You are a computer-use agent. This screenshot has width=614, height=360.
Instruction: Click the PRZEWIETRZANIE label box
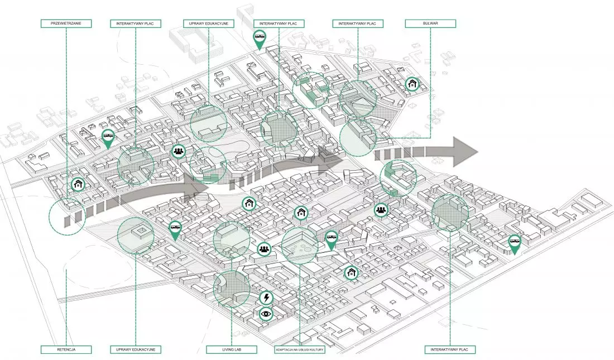(66, 23)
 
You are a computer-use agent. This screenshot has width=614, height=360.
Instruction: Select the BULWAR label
(430, 23)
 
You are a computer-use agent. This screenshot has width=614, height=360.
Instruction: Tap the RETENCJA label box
(66, 349)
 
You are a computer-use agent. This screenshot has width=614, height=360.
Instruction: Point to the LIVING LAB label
(232, 349)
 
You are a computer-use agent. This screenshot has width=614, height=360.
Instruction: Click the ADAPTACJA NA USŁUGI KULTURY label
(300, 349)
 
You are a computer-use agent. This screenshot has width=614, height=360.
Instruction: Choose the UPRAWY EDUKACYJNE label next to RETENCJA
(136, 349)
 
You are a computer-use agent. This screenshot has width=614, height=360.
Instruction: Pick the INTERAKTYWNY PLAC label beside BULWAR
(357, 23)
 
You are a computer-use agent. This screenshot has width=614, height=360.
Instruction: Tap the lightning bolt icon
(267, 297)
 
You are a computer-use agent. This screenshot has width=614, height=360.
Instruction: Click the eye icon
(266, 313)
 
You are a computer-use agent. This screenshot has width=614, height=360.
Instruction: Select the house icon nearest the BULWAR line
(412, 84)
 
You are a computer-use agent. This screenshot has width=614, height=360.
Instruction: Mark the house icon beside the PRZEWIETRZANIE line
(78, 184)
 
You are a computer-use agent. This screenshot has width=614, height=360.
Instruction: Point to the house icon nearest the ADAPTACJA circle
(301, 213)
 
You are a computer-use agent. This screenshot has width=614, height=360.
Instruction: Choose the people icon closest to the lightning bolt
(265, 249)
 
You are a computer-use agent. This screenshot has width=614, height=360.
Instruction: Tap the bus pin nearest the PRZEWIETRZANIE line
(108, 138)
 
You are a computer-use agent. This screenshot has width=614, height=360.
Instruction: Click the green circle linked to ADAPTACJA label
(300, 246)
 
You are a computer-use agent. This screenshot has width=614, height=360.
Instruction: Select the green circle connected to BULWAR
(357, 137)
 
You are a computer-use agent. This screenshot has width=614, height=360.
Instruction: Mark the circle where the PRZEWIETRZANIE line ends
(68, 217)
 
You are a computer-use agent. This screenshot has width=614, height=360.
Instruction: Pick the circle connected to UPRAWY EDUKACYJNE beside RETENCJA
(136, 236)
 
